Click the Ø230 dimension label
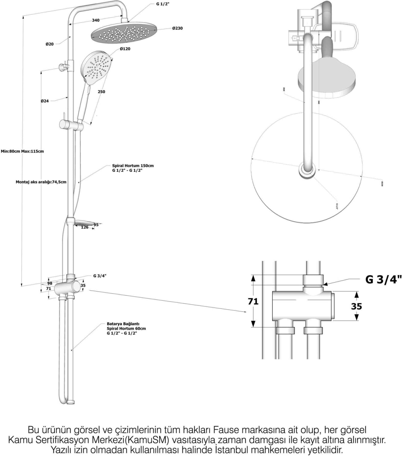[x=177, y=28]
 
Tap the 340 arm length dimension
[x=96, y=20]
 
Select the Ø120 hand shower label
[x=125, y=49]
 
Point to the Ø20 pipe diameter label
[x=50, y=44]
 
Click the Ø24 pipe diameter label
[x=45, y=101]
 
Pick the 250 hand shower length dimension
[x=101, y=92]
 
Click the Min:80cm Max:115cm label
[x=22, y=151]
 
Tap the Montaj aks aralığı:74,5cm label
[x=41, y=182]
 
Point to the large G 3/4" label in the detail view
[x=383, y=279]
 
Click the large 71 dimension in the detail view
[x=253, y=301]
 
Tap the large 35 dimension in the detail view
[x=356, y=306]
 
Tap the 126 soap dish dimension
[x=85, y=227]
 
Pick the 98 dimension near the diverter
[x=50, y=283]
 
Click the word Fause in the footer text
[x=225, y=430]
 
